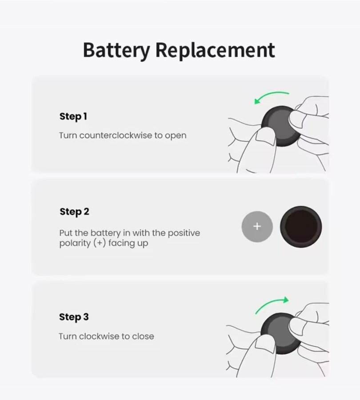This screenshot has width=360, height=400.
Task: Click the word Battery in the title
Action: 116,51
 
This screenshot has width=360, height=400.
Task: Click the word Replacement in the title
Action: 215,50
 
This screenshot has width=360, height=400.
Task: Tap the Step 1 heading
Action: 73,116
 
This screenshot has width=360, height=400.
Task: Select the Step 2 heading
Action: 74,212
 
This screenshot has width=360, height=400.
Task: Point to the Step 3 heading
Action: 74,317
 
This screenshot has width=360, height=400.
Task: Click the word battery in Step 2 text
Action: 105,233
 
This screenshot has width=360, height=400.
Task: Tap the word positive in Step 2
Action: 184,233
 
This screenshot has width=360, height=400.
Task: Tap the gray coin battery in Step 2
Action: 257,227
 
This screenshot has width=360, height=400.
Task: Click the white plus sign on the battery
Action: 257,226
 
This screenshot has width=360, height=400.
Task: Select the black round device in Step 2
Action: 301,227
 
